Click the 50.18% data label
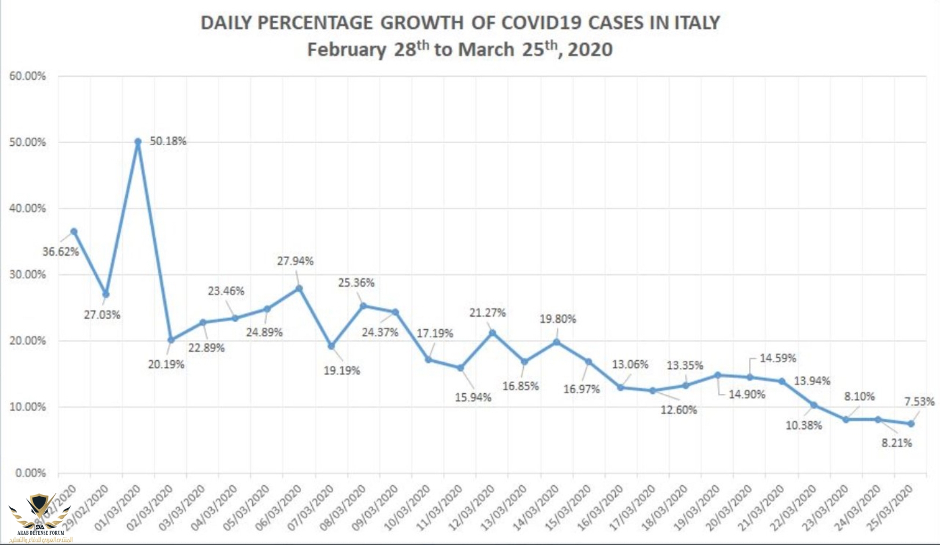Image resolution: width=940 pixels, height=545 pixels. pyautogui.click(x=168, y=141)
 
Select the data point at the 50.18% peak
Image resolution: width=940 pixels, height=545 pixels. pyautogui.click(x=138, y=142)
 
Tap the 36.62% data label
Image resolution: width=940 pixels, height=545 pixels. pyautogui.click(x=61, y=251)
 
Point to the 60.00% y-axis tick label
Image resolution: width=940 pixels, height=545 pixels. pyautogui.click(x=28, y=76)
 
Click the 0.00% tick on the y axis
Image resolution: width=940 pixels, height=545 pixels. pyautogui.click(x=30, y=473)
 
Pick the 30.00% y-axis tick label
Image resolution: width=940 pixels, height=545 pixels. pyautogui.click(x=28, y=275)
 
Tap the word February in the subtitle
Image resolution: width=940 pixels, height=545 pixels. pyautogui.click(x=347, y=49)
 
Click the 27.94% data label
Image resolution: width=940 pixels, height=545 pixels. pyautogui.click(x=295, y=261)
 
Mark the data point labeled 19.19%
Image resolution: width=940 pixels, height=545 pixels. pyautogui.click(x=331, y=346)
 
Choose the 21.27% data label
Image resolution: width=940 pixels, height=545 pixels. pyautogui.click(x=487, y=312)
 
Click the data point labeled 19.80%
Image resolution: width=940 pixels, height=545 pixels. pyautogui.click(x=557, y=342)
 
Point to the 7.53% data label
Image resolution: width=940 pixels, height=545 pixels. pyautogui.click(x=919, y=401)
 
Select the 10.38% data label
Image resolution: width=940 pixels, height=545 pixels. pyautogui.click(x=804, y=425)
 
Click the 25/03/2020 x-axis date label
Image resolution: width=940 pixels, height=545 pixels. pyautogui.click(x=890, y=508)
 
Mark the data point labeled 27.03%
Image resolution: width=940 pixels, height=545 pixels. pyautogui.click(x=106, y=294)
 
